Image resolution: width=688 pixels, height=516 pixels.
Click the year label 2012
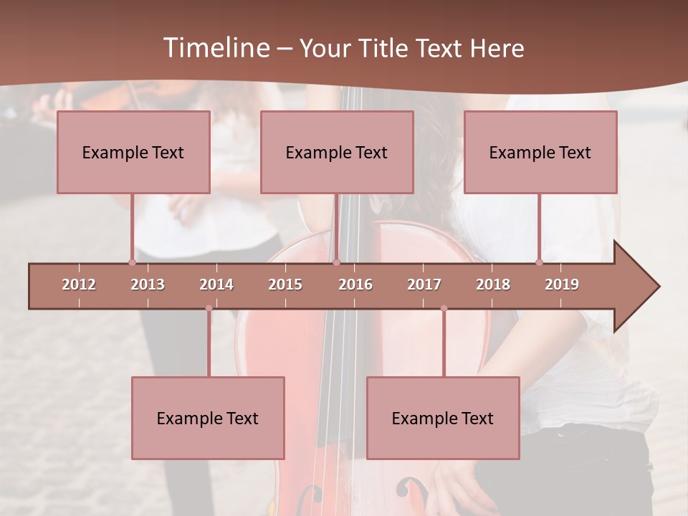click(79, 285)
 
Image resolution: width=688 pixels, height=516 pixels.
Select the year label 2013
click(148, 285)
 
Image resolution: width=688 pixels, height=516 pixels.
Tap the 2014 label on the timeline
click(216, 285)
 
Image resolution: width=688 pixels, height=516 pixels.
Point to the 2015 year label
click(285, 285)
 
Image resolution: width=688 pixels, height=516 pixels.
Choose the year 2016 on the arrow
click(355, 285)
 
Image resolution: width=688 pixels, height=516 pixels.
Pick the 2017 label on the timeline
click(424, 285)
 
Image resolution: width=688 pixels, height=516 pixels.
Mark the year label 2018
click(493, 285)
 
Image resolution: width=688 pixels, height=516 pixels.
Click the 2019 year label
click(562, 285)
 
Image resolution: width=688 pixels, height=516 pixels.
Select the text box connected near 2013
click(133, 153)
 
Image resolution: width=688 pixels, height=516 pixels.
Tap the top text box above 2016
click(337, 153)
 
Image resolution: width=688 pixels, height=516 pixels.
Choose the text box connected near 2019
click(540, 153)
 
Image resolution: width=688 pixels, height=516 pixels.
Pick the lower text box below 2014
click(208, 418)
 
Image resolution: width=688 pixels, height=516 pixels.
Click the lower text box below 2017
click(443, 418)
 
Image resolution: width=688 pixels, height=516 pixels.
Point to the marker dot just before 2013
click(132, 262)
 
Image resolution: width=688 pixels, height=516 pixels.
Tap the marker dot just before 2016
click(336, 262)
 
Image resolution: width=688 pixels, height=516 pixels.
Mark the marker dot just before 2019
click(539, 262)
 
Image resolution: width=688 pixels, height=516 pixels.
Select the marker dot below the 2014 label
click(209, 308)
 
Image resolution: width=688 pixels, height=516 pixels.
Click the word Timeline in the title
click(215, 48)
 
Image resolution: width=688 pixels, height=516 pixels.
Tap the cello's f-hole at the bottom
click(414, 492)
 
